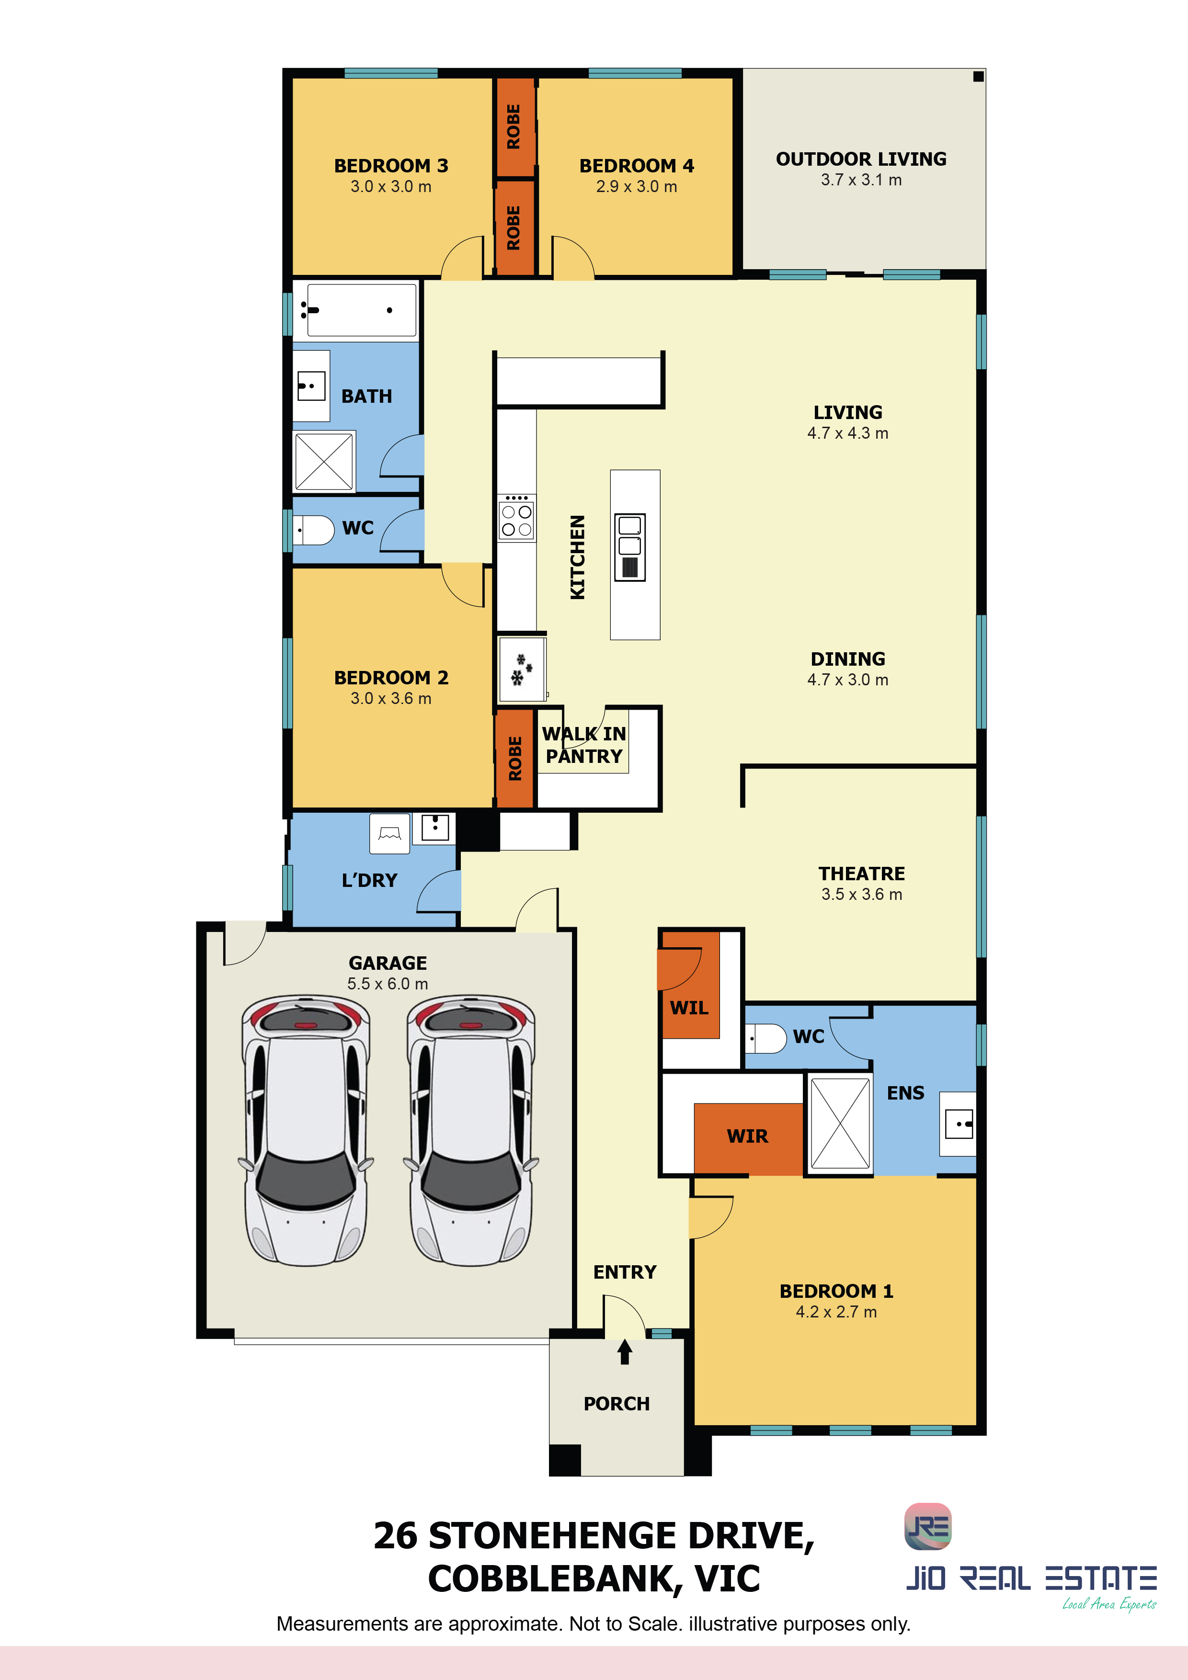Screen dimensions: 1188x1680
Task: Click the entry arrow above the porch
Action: [x=624, y=1351]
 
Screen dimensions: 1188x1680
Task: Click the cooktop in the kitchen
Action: [x=517, y=517]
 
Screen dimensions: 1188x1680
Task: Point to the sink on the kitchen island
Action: [x=629, y=547]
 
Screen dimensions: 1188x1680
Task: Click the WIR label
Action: [x=747, y=1136]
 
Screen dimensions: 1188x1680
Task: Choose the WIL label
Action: [x=689, y=1008]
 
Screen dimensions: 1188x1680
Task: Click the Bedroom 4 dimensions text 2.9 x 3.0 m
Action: [x=636, y=187]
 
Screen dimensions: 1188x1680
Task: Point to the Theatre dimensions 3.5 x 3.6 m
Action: [x=861, y=894]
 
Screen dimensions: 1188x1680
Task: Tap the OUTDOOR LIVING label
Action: [x=861, y=159]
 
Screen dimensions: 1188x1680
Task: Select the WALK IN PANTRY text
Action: [x=584, y=745]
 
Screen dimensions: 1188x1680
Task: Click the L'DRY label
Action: [x=370, y=880]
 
